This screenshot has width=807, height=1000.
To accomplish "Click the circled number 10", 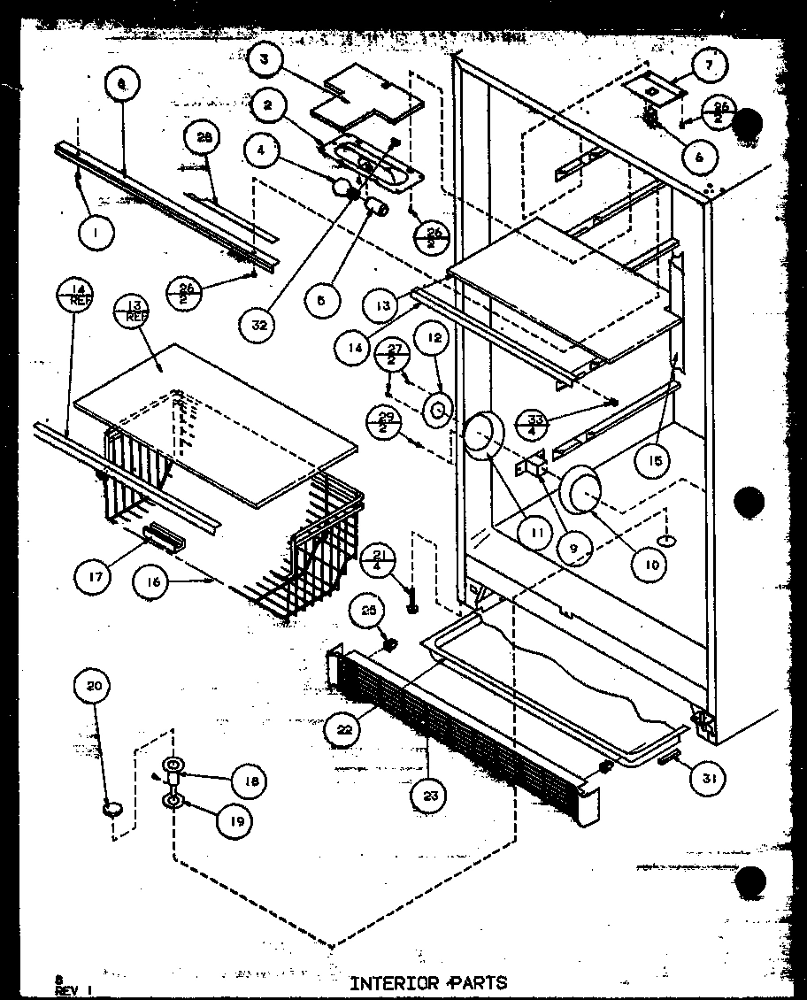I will pyautogui.click(x=651, y=564).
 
